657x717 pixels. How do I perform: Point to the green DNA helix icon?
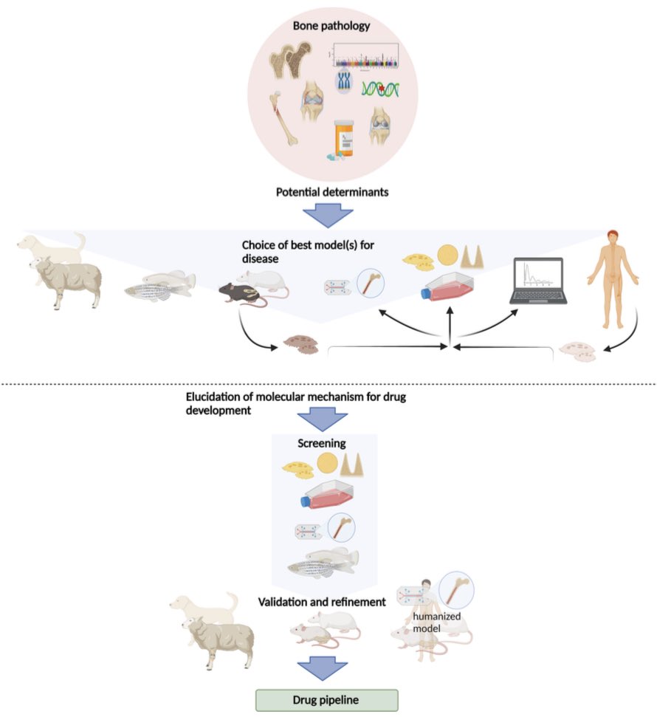381,90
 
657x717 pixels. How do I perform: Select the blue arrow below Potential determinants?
329,216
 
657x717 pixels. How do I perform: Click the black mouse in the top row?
238,295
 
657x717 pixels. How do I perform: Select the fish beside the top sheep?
159,286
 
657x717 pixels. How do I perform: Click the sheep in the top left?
65,280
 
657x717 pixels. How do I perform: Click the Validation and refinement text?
322,603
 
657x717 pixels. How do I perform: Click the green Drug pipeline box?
327,699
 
